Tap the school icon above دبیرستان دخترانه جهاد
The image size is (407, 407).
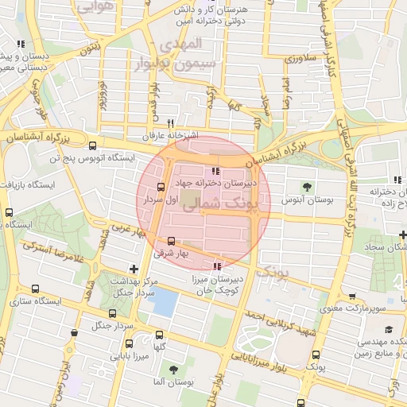pos(215,172)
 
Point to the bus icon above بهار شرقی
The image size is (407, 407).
pos(172,242)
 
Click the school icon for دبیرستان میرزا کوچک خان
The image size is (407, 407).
pos(218,266)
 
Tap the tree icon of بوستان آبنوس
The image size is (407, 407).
pos(306,186)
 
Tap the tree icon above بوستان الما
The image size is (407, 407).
pos(172,370)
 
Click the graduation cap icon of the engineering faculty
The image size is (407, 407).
pos(389,330)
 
